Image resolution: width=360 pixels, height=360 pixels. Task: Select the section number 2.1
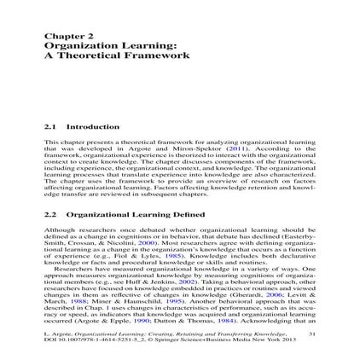(48, 127)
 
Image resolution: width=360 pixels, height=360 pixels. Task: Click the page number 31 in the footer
(311, 334)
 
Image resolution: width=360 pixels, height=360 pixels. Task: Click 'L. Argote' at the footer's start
(55, 334)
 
